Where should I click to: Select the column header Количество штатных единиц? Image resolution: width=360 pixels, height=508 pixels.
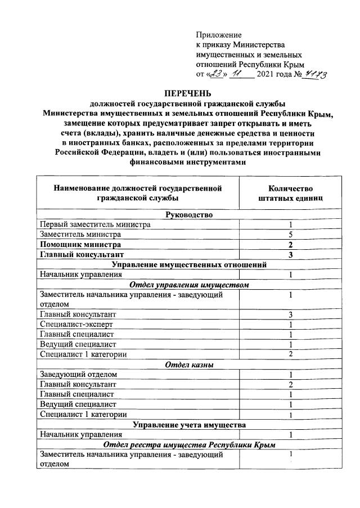(290, 193)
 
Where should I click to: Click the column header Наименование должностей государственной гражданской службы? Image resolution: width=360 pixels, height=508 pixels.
(137, 193)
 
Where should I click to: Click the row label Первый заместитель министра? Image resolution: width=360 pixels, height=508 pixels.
(95, 224)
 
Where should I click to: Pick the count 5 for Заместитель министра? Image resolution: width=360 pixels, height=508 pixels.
(291, 234)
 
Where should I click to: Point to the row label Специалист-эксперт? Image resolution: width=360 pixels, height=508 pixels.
(76, 324)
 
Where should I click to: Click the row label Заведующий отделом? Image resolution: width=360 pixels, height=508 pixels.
(78, 374)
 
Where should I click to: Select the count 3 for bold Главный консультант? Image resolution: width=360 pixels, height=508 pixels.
(291, 254)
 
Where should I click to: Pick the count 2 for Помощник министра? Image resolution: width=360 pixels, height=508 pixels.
(291, 244)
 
